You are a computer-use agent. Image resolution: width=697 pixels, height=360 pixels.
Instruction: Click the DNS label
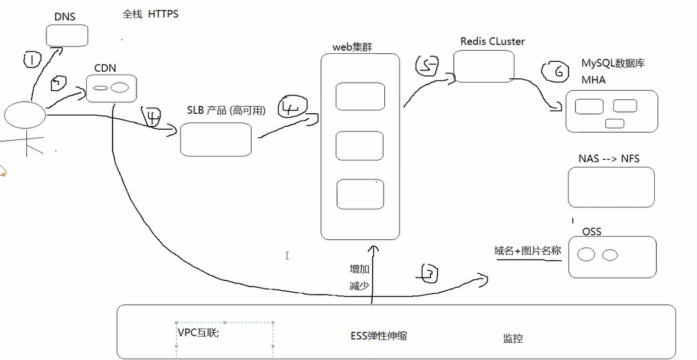pos(64,17)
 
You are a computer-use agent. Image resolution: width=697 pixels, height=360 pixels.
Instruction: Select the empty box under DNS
pos(67,36)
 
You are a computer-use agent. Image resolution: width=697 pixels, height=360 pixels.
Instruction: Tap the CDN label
pos(105,68)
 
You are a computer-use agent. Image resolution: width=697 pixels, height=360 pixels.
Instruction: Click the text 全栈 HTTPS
pos(151,14)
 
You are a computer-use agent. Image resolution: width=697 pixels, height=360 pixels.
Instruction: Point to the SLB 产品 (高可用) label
pos(226,111)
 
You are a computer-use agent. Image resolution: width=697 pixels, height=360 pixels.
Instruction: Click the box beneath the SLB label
pos(215,139)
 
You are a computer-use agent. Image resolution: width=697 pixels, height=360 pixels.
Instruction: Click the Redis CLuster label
pos(492,42)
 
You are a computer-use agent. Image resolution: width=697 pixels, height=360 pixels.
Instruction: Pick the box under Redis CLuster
pos(483,66)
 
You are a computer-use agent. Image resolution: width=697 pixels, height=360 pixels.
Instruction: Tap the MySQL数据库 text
pos(613,64)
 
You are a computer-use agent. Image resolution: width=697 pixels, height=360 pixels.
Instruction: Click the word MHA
pos(594,80)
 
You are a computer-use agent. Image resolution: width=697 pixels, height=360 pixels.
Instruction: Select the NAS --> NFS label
pos(608,159)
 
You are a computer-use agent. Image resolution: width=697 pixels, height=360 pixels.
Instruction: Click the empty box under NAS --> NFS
pos(611,187)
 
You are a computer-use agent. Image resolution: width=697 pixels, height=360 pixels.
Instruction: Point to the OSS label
pos(592,231)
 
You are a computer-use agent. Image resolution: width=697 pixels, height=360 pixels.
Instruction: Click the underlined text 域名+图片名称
pos(527,251)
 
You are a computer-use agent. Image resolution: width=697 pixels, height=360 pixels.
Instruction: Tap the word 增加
pos(359,269)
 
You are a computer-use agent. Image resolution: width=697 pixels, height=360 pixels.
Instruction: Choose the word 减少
pos(359,285)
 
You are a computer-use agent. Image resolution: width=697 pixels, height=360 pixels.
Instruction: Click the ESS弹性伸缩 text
pos(379,336)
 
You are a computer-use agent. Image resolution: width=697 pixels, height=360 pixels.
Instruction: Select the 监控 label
pos(513,338)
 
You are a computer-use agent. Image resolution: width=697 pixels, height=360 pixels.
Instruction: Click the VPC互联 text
pos(198,332)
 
